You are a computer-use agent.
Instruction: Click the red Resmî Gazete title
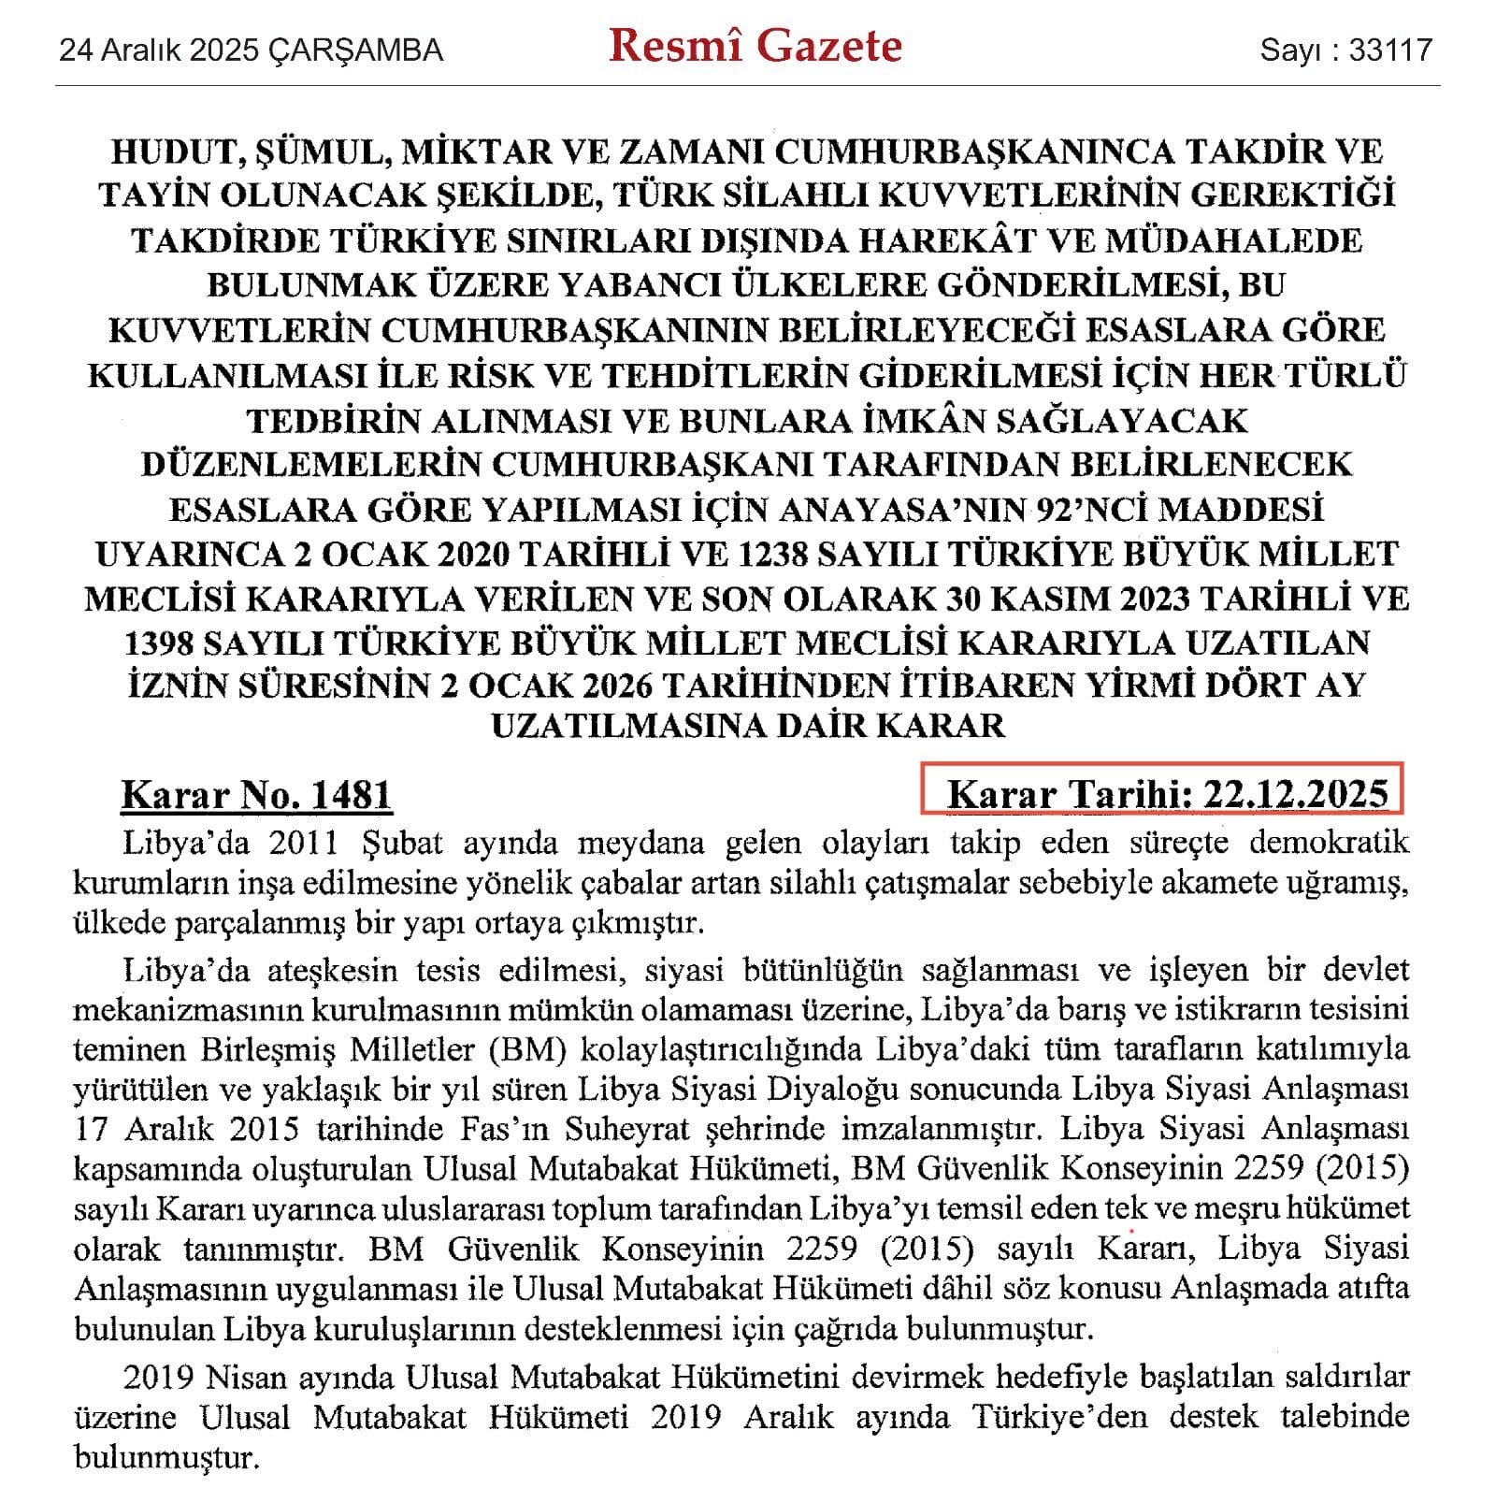[755, 47]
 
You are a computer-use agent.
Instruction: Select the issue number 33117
[1390, 50]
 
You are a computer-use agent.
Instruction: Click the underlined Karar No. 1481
[256, 795]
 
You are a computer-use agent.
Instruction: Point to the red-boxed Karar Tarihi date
[1167, 794]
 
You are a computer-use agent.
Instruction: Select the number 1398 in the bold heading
[168, 643]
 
